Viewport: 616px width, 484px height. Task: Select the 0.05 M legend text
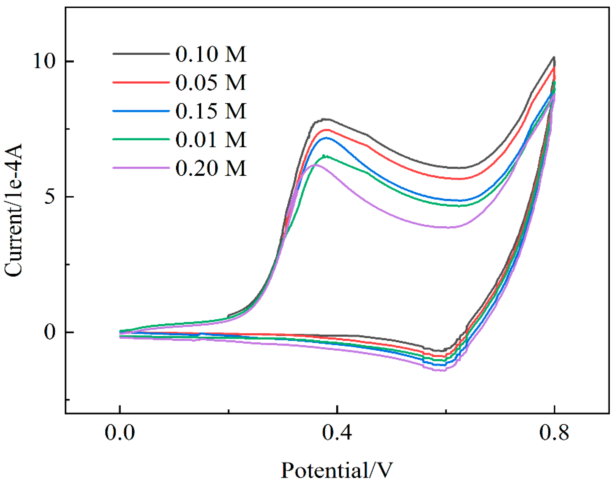[x=211, y=83]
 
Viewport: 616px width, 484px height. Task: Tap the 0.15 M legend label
[x=211, y=111]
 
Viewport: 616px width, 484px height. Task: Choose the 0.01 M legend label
[x=211, y=139]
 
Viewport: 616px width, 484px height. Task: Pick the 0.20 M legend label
[x=211, y=168]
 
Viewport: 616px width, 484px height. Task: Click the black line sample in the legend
[x=141, y=54]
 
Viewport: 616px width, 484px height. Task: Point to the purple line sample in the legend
[x=141, y=168]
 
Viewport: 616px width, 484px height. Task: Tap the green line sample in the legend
[x=141, y=139]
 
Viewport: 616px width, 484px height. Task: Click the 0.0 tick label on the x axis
[x=120, y=433]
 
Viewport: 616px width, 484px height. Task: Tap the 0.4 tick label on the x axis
[x=337, y=433]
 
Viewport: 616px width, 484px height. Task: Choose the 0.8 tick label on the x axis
[x=554, y=433]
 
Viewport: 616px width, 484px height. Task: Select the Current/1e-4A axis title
[x=13, y=210]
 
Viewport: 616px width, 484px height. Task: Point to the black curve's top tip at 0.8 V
[x=554, y=57]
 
